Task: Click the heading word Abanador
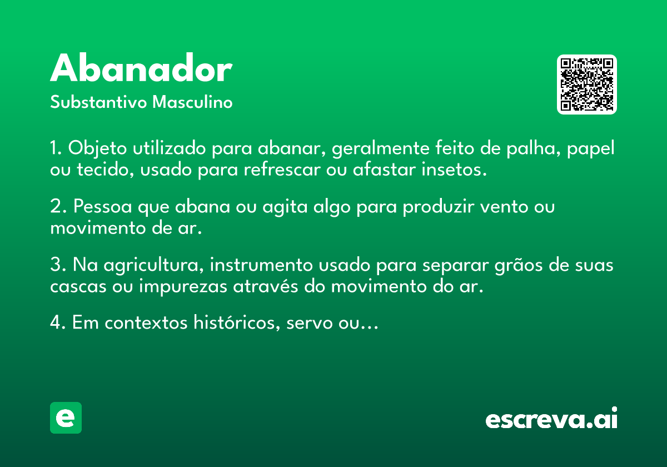[141, 68]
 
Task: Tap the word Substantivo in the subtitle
[98, 102]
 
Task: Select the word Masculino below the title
[192, 102]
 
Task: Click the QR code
[586, 85]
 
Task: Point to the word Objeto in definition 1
[97, 148]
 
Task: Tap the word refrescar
[282, 170]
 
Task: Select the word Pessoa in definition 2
[102, 206]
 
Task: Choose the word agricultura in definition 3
[153, 265]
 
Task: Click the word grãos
[519, 265]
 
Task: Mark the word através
[266, 286]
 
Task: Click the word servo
[310, 323]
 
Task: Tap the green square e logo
[66, 418]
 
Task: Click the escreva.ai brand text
[551, 418]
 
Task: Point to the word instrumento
[261, 265]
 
